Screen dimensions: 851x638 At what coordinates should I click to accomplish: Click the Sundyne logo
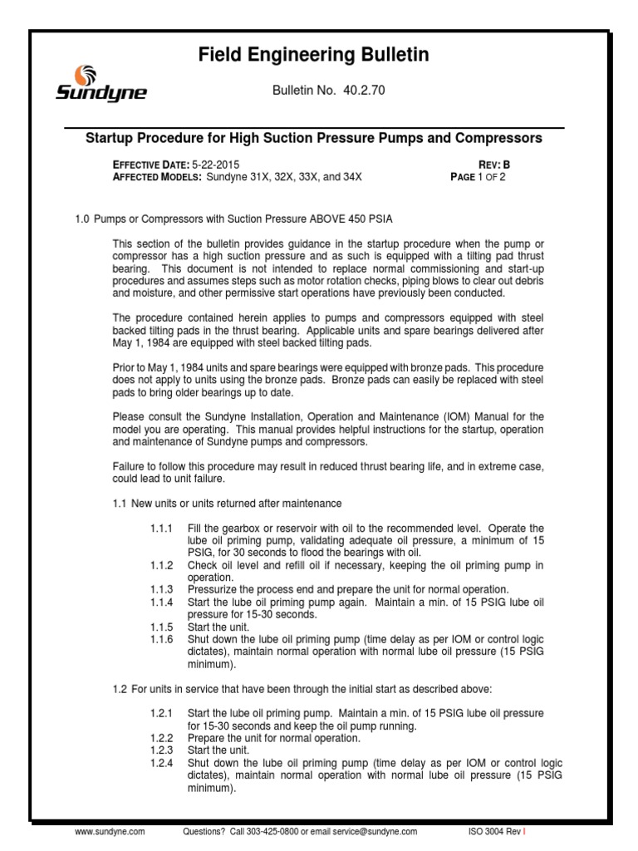point(101,84)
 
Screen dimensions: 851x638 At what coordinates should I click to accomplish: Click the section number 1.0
point(82,219)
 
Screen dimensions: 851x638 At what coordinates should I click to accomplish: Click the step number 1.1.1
point(159,529)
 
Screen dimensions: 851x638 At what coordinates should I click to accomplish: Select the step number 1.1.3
point(159,588)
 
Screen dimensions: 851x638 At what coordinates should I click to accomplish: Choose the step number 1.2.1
point(159,714)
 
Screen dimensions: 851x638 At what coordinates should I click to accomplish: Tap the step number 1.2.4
point(159,761)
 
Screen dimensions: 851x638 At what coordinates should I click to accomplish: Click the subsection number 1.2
point(119,689)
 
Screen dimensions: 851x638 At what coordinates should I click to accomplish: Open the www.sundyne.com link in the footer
point(110,830)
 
